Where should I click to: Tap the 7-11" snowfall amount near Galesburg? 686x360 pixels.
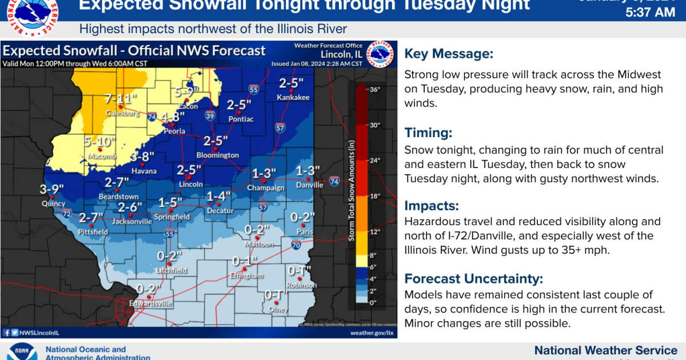point(121,98)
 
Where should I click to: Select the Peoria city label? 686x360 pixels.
point(174,131)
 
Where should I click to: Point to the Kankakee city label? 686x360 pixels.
point(293,97)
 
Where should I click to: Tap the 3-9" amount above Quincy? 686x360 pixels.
point(51,189)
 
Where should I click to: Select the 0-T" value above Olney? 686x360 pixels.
point(276,295)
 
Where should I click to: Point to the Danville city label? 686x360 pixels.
point(309,185)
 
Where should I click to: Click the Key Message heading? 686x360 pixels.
point(449,54)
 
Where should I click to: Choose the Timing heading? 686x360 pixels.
point(428,133)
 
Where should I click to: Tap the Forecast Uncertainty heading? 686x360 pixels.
point(474,279)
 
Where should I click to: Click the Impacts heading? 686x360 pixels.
point(432,206)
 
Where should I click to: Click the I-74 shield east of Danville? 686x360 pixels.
point(334,182)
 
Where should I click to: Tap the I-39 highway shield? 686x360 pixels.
point(210,116)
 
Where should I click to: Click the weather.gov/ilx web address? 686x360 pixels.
point(372,332)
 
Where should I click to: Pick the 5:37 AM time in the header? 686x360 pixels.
point(650,12)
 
